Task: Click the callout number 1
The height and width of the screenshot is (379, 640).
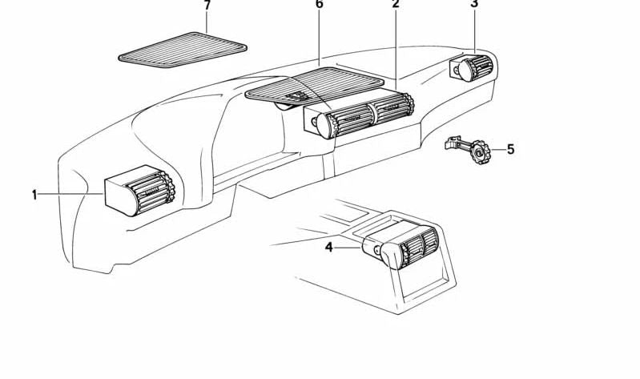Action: pyautogui.click(x=34, y=195)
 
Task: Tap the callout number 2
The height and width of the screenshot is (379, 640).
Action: pyautogui.click(x=395, y=6)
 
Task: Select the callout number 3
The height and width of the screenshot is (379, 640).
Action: pyautogui.click(x=474, y=5)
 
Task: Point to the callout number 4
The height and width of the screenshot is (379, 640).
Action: pyautogui.click(x=328, y=248)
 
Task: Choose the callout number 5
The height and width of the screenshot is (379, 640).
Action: pyautogui.click(x=510, y=148)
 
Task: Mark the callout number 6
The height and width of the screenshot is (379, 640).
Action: pyautogui.click(x=319, y=6)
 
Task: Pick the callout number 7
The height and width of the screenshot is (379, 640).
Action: pyautogui.click(x=207, y=6)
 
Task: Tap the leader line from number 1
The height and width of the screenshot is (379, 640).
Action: pyautogui.click(x=72, y=195)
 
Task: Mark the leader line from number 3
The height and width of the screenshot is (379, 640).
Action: pyautogui.click(x=474, y=32)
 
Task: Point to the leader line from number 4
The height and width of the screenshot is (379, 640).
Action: pyautogui.click(x=348, y=248)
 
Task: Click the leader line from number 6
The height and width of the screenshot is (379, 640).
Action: pyautogui.click(x=319, y=36)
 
